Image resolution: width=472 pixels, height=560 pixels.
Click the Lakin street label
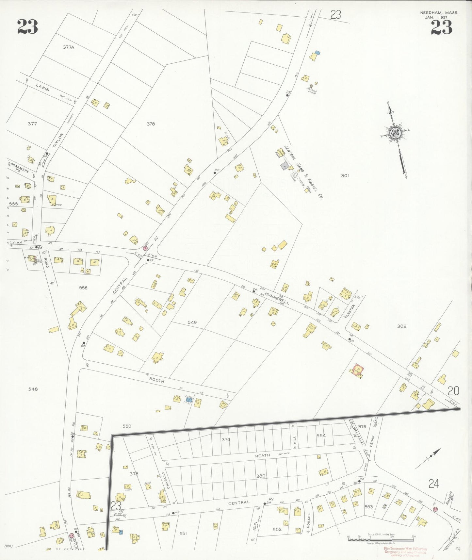[x=43, y=88]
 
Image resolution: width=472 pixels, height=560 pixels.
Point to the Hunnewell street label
[x=277, y=298]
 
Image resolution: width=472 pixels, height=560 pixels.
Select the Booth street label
[x=156, y=380]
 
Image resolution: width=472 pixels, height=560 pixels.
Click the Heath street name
[x=263, y=455]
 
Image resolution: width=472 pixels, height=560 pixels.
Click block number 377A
[x=69, y=47]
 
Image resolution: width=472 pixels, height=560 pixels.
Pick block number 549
[x=192, y=322]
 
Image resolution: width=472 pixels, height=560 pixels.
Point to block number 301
[x=345, y=175]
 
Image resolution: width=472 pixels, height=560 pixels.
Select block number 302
[x=401, y=326]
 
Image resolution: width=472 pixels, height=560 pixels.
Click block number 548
[x=33, y=389]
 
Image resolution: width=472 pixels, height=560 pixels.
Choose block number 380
[x=261, y=476]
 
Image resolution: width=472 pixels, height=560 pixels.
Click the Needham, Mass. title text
[x=439, y=13]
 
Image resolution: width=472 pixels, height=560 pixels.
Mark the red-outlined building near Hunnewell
[x=358, y=370]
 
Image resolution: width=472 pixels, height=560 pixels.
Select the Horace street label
[x=308, y=520]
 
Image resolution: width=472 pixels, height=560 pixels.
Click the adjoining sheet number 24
[x=433, y=484]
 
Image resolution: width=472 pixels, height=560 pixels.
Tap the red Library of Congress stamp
[x=405, y=552]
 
